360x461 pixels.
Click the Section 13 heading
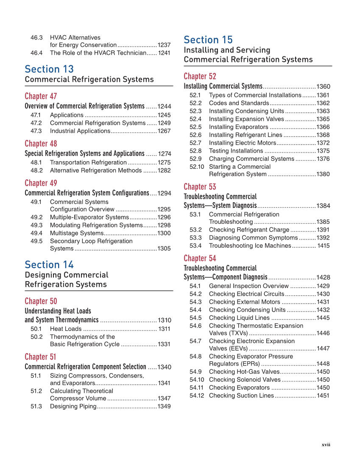(49, 69)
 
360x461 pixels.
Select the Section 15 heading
(208, 40)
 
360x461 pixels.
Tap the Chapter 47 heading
(41, 96)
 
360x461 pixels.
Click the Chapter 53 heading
(200, 187)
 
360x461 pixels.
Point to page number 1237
(164, 45)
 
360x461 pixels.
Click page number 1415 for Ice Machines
(323, 246)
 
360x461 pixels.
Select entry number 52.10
(197, 167)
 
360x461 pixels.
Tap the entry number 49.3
(36, 225)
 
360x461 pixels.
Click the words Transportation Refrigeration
(88, 162)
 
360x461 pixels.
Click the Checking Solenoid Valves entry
(245, 380)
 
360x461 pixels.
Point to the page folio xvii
(326, 444)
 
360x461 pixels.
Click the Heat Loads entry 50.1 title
(66, 329)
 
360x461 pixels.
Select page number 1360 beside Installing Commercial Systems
(323, 87)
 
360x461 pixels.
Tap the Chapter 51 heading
(40, 357)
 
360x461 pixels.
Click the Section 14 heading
(49, 265)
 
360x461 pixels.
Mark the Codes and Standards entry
(239, 103)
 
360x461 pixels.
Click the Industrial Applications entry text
(80, 131)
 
